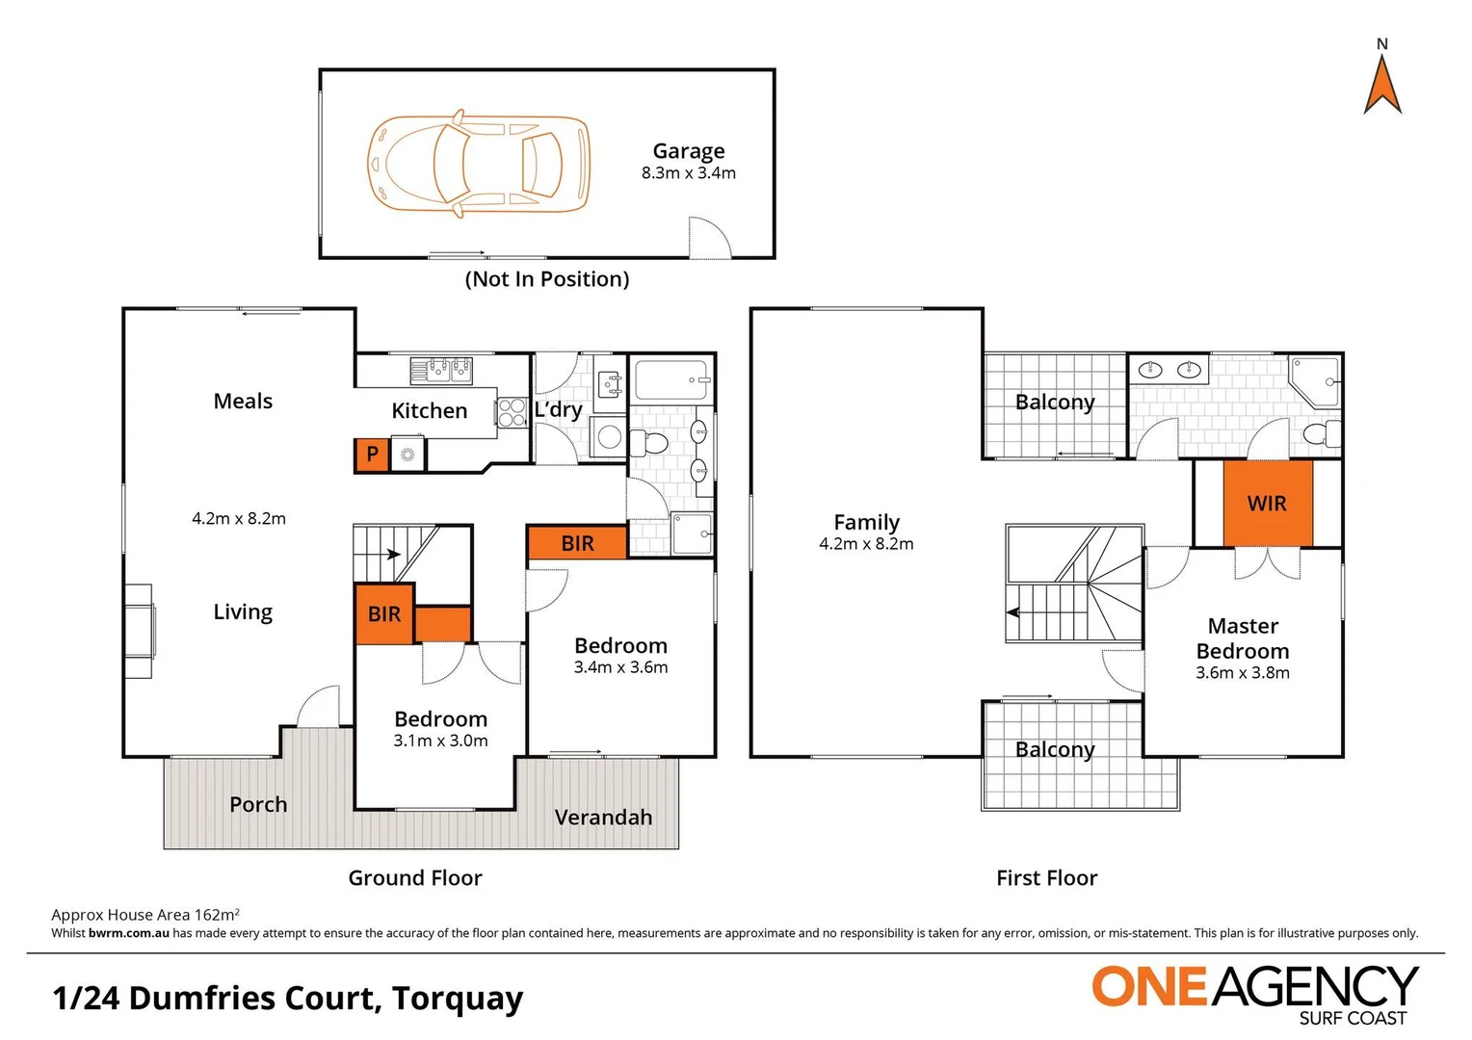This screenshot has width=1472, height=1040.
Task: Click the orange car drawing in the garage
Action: click(479, 164)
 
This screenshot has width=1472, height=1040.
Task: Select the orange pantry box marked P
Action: click(372, 455)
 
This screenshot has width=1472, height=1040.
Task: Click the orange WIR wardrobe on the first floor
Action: click(1267, 504)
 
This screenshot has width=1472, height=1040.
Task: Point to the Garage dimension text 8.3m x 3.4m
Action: click(688, 173)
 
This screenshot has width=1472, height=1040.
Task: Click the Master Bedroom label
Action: click(1243, 638)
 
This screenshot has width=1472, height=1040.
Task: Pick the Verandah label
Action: click(603, 818)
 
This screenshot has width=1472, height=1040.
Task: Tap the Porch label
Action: click(258, 805)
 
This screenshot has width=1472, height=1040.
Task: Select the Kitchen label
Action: click(429, 411)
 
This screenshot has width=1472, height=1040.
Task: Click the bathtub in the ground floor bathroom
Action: click(671, 379)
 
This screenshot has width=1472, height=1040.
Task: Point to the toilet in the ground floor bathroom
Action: click(650, 443)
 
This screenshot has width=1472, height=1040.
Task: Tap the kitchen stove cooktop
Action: click(512, 412)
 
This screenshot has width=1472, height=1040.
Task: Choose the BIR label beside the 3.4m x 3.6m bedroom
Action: click(577, 544)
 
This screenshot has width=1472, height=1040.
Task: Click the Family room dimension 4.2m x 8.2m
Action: click(866, 544)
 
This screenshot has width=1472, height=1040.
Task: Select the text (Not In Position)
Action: click(547, 279)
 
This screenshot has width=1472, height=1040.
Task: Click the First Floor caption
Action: click(1046, 878)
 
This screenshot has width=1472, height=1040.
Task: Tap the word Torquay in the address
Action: click(458, 999)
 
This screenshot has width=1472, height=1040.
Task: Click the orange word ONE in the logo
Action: click(1148, 987)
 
